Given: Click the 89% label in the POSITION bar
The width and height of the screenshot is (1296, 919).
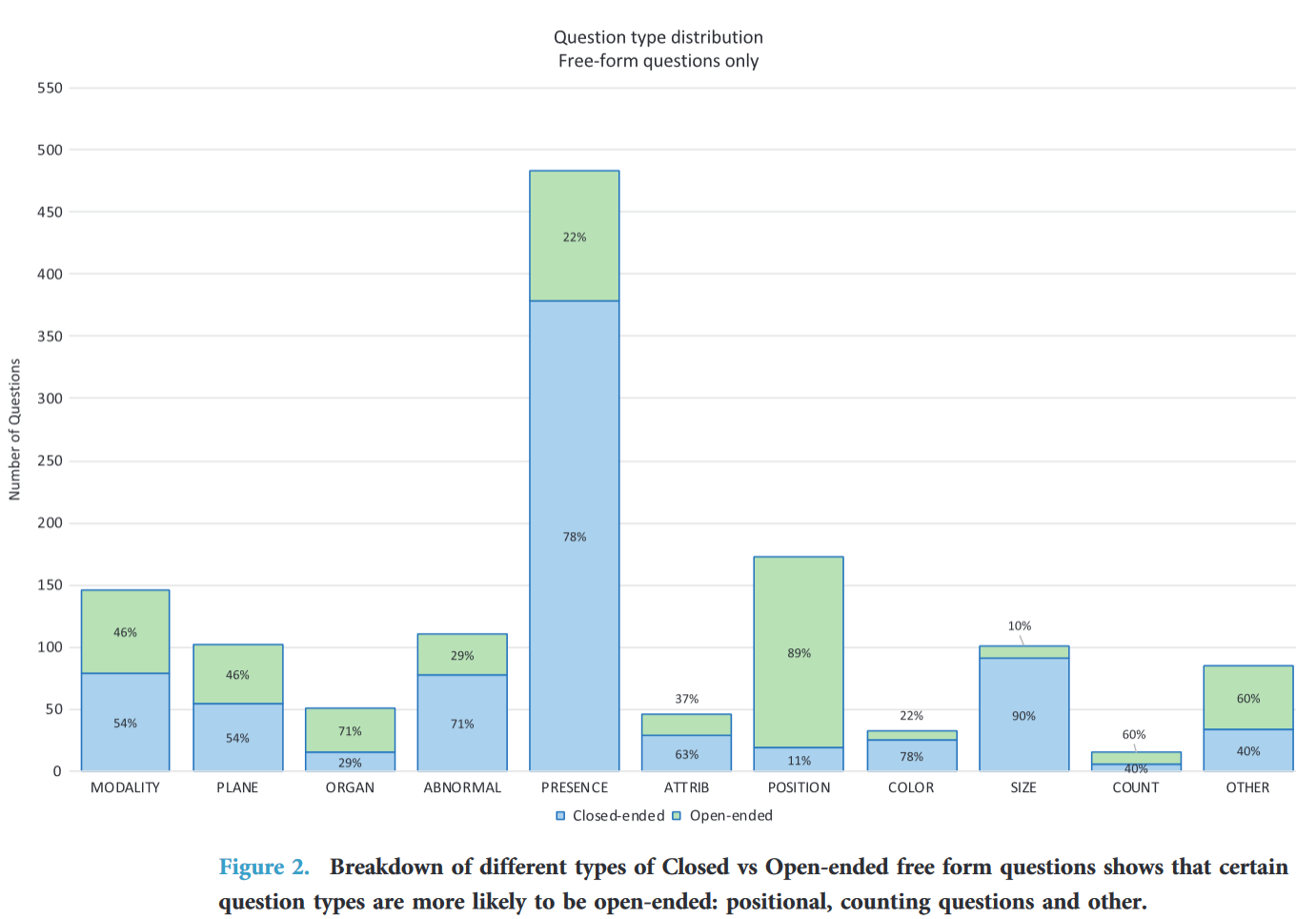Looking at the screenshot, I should point(799,653).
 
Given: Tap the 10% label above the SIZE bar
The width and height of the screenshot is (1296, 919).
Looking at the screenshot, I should point(1020,626).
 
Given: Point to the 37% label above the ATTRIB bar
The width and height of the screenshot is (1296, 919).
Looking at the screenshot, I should point(686,699).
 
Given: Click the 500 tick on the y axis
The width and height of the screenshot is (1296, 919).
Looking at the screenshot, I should point(50,150).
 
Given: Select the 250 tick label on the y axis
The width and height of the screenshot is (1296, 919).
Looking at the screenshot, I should point(50,460).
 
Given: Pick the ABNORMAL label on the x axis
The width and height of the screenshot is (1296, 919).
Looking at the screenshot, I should point(462,787).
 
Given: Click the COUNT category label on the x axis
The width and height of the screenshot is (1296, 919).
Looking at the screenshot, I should point(1135,787).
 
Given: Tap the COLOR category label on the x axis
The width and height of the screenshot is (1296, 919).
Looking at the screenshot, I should point(911,787).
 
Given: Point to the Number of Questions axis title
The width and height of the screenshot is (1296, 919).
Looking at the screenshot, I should point(14,429).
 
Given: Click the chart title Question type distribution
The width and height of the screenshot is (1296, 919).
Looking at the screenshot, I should point(658,37).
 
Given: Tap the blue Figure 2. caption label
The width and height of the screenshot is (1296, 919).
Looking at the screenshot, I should point(264,867).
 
